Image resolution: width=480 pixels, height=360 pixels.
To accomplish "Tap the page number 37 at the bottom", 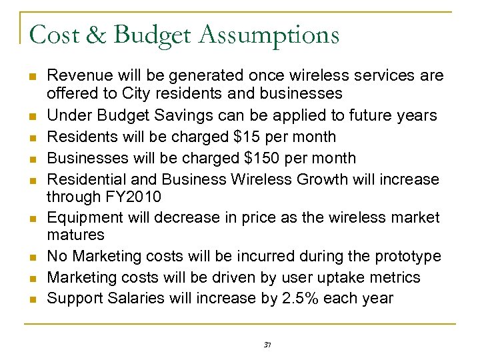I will (267, 344).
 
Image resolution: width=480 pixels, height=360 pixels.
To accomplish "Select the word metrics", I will (397, 277).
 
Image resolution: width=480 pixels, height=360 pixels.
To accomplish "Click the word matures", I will (76, 235).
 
